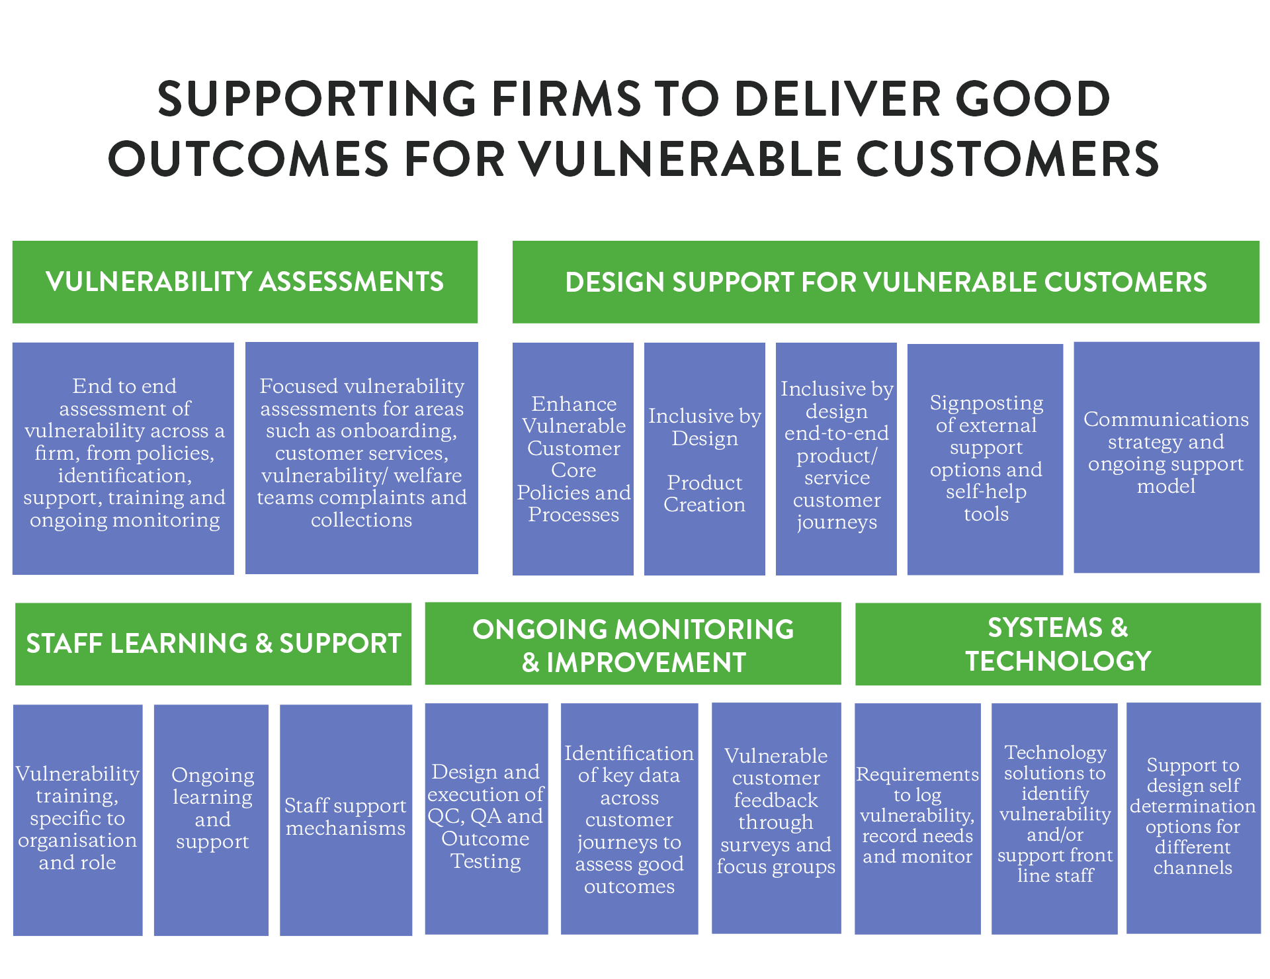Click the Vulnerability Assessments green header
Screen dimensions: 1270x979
[245, 282]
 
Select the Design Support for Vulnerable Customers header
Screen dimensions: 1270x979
[886, 282]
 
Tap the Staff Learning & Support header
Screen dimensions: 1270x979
[213, 644]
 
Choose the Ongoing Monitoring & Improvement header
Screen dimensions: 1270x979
[633, 644]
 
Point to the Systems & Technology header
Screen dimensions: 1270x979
[1058, 644]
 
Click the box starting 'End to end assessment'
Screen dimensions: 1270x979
[123, 458]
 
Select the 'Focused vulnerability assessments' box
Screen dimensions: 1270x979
[362, 458]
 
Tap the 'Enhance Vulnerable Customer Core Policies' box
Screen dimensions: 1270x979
[573, 458]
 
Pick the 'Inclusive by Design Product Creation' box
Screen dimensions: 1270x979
[704, 458]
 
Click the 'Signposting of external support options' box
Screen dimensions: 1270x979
[985, 459]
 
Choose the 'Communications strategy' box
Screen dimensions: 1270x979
[1166, 457]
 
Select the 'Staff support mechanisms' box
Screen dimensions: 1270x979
[346, 820]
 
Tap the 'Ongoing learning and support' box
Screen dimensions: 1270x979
[211, 820]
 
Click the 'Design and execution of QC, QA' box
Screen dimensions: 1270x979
[486, 819]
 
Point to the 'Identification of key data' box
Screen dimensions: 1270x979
[629, 819]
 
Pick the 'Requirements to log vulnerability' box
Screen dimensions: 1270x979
[917, 819]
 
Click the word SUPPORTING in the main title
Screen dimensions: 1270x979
[317, 99]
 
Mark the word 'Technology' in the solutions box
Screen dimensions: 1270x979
[1055, 753]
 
